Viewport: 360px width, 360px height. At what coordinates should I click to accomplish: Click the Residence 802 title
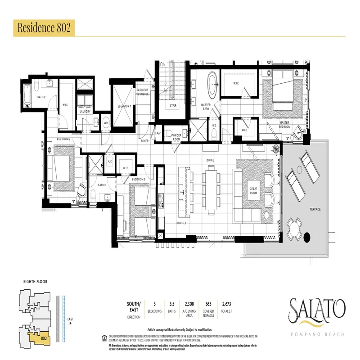43,27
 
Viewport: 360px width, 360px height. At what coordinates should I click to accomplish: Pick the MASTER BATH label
206,106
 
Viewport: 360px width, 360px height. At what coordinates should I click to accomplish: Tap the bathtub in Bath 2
28,95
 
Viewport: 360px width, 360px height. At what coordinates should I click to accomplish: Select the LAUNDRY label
85,112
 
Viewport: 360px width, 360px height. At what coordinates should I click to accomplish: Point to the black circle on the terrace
308,237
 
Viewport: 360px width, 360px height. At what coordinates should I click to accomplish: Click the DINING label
210,160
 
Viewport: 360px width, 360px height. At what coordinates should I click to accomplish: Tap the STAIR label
173,106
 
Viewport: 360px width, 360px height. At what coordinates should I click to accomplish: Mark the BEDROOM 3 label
139,180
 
